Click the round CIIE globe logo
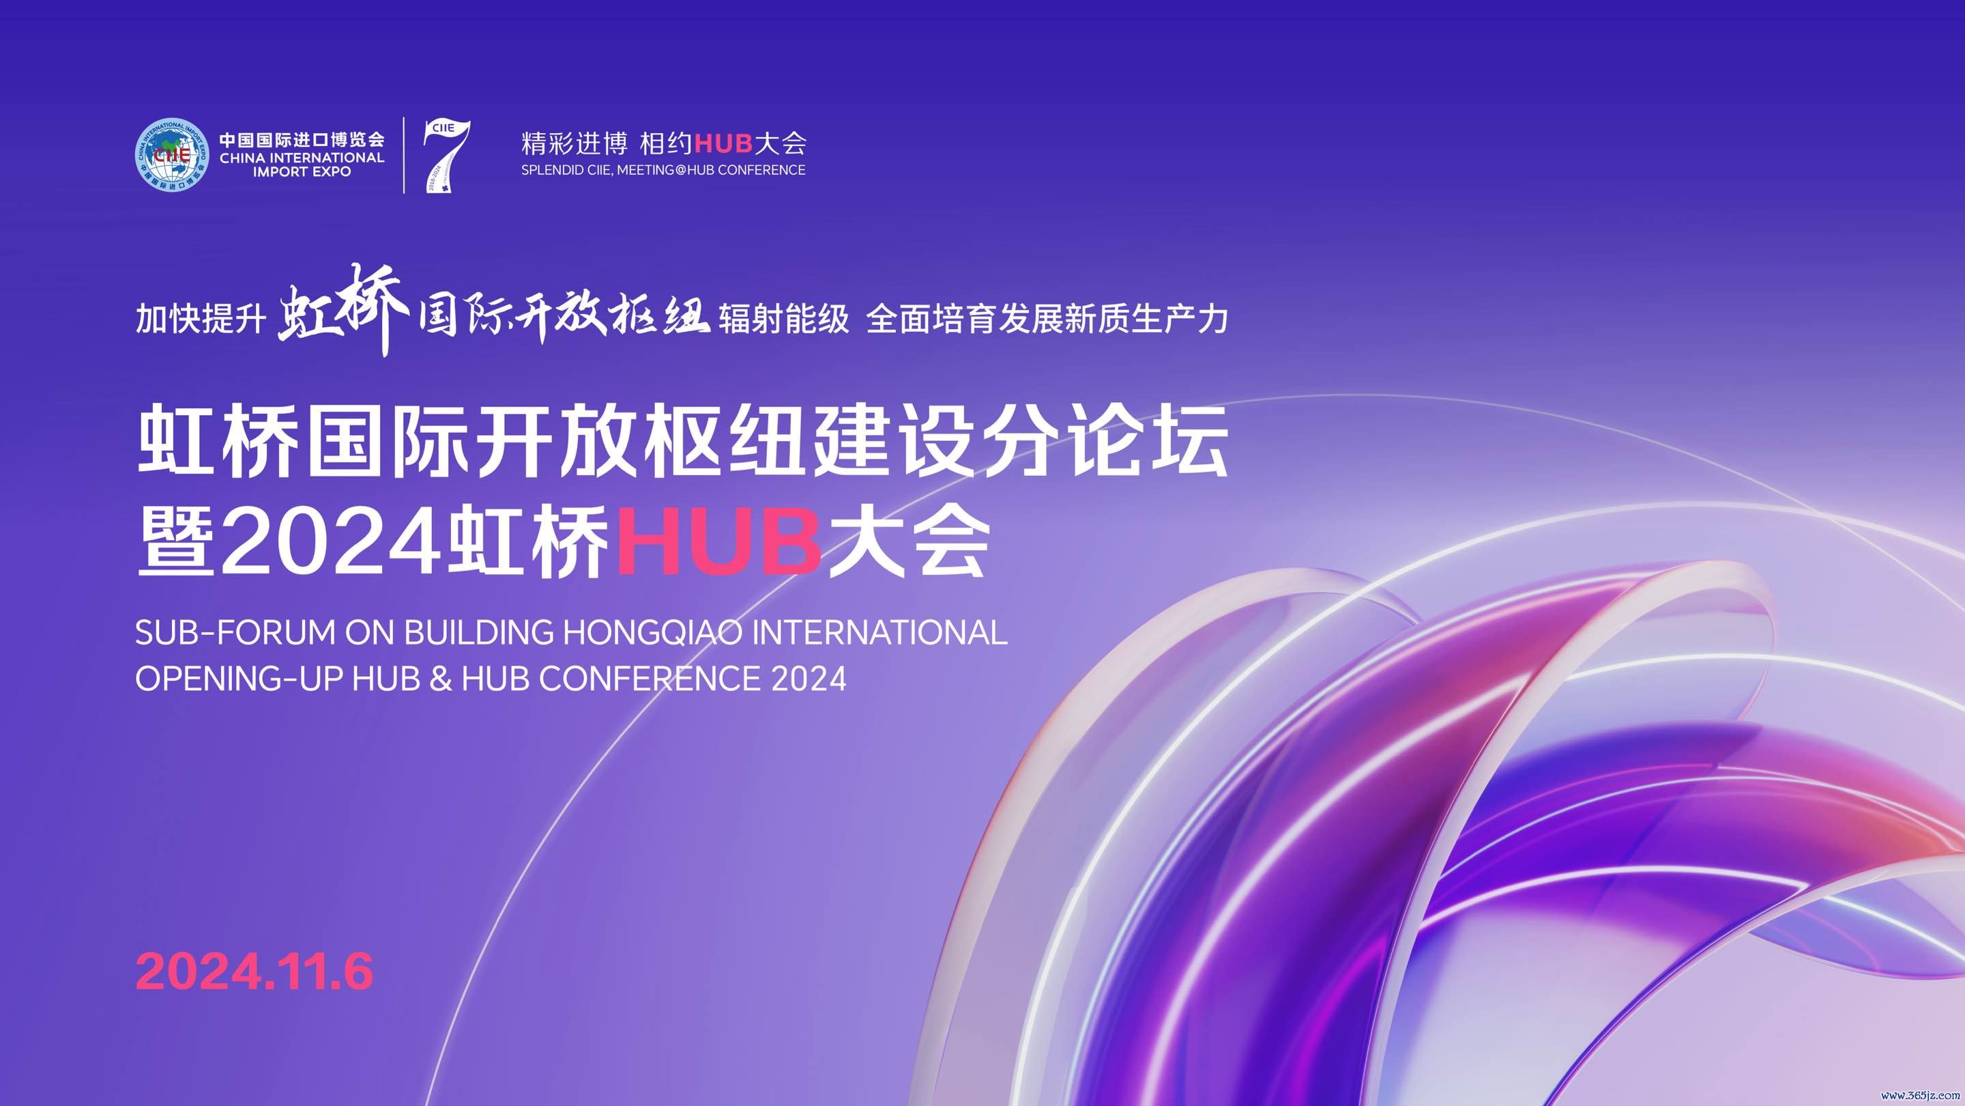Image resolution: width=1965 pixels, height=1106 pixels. (x=173, y=155)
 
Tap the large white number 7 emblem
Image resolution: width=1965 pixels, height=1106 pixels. (x=448, y=156)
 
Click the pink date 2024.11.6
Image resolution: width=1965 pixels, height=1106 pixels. (x=254, y=972)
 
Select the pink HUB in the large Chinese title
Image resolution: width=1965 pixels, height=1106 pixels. (x=718, y=541)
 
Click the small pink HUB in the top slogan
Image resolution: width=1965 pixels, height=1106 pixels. (x=724, y=143)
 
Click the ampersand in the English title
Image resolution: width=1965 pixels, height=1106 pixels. (x=441, y=679)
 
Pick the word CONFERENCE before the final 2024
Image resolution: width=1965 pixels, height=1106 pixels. (x=650, y=679)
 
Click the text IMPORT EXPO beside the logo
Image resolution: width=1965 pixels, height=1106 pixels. (x=302, y=173)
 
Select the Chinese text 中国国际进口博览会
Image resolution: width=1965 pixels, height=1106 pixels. (x=302, y=140)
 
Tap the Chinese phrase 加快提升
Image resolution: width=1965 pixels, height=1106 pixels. (x=201, y=318)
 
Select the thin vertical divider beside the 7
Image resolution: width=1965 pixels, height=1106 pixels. (x=405, y=155)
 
